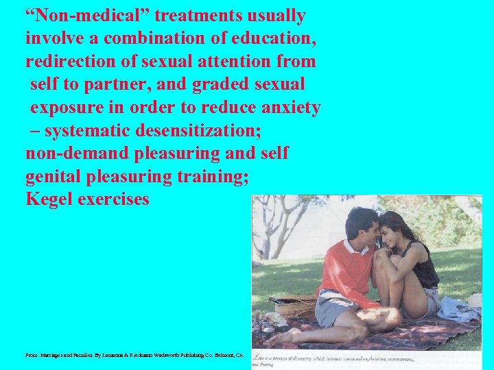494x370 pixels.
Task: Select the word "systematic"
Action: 89,130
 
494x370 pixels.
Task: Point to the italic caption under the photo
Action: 336,360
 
